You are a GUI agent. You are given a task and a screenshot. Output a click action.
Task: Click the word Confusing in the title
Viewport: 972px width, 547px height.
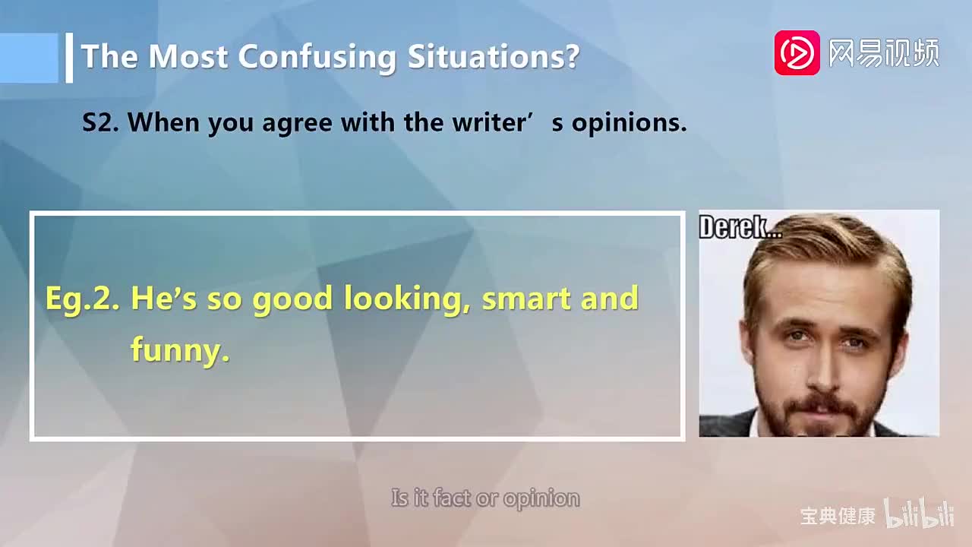[x=318, y=57]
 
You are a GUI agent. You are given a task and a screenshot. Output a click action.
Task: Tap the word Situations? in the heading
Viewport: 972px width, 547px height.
[x=494, y=57]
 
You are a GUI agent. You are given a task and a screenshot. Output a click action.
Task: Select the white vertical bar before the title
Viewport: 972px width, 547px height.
[x=69, y=57]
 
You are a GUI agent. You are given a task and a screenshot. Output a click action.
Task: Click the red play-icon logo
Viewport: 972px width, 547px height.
[x=797, y=53]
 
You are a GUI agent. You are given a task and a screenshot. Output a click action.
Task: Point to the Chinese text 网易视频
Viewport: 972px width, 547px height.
[x=883, y=53]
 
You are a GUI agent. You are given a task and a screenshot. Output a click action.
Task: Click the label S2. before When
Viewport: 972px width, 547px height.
[x=100, y=123]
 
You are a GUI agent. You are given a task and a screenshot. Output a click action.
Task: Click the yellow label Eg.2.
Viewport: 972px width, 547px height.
[x=83, y=299]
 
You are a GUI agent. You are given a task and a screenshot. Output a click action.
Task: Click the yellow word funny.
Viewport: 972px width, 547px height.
[x=180, y=350]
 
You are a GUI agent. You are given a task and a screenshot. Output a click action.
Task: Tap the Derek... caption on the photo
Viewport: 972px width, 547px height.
[x=739, y=227]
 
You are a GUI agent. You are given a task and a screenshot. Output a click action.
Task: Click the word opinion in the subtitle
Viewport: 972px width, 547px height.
[x=541, y=499]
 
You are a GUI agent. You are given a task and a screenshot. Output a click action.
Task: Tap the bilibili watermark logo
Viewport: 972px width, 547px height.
[x=918, y=515]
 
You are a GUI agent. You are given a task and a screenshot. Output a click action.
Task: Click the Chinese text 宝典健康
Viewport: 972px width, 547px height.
[x=837, y=516]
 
